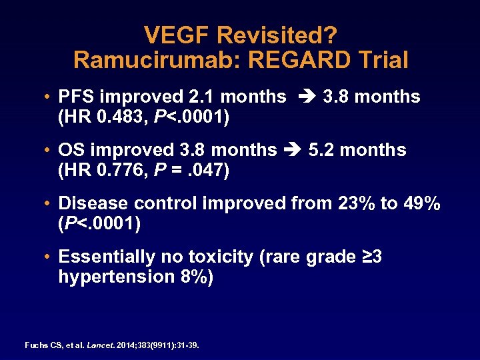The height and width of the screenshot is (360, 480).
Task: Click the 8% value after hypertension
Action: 191,277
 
